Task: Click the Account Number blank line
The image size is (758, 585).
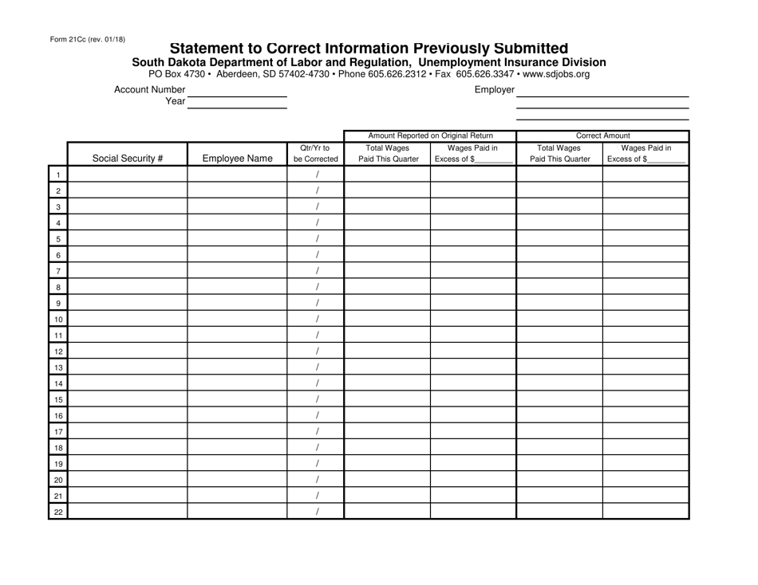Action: [236, 95]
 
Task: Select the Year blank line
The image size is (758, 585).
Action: [236, 104]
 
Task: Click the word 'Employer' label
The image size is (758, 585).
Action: [494, 90]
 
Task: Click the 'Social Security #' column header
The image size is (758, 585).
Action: [128, 158]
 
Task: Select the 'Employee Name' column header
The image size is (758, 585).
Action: [238, 158]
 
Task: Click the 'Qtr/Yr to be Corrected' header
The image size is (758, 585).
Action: [316, 152]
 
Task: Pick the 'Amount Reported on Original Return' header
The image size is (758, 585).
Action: [430, 135]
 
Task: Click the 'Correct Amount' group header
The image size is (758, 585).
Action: [602, 135]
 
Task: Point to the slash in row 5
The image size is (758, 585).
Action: [317, 239]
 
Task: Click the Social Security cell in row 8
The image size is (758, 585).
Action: [128, 287]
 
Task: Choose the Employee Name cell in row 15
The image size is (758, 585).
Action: [238, 399]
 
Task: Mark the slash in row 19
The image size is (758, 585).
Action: [317, 463]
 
